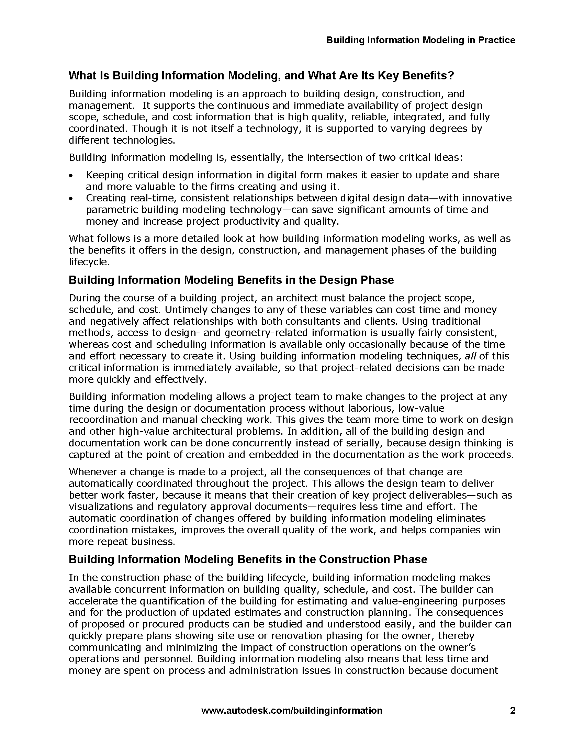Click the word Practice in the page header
tap(496, 40)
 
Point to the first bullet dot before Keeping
tap(71, 176)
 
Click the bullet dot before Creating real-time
tap(71, 199)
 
